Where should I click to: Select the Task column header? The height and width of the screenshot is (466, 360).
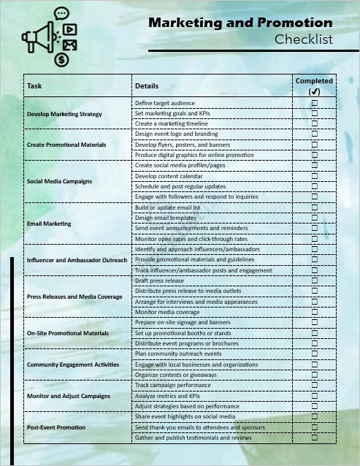(34, 86)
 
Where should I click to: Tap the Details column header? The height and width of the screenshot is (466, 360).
(147, 86)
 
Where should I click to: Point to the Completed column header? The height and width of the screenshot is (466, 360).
(314, 81)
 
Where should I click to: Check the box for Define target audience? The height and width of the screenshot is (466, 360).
(315, 104)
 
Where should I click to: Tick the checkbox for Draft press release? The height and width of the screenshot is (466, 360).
(315, 280)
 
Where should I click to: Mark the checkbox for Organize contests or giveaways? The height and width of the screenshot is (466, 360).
(315, 375)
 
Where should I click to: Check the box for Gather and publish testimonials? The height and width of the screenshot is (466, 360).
(315, 438)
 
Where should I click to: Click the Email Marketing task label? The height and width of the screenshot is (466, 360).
(49, 224)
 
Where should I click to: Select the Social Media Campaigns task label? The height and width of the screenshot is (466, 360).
(59, 181)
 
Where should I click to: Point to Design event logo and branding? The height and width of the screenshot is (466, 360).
(176, 134)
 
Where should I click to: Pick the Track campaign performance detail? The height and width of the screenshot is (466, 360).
(172, 385)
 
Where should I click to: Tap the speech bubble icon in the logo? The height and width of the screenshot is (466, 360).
(61, 12)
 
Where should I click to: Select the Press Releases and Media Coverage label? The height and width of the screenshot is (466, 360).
(74, 297)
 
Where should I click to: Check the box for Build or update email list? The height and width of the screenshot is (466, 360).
(315, 207)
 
